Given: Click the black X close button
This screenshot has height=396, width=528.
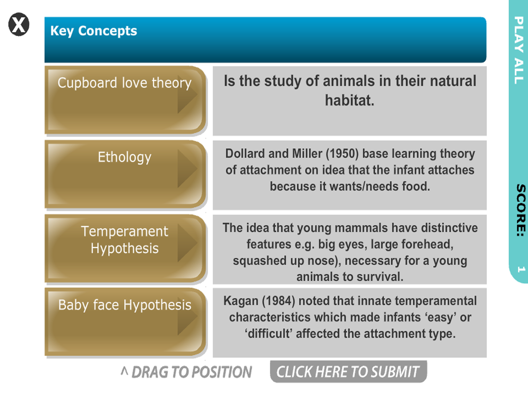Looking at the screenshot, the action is tap(19, 25).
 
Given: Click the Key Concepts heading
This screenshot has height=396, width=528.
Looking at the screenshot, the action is tap(94, 31).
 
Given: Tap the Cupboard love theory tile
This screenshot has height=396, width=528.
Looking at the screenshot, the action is tap(125, 100).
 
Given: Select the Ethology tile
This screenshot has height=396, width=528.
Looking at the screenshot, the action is tap(125, 174).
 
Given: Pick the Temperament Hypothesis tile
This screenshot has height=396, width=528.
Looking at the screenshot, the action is tap(125, 248).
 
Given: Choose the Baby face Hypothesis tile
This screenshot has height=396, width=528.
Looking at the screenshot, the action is tap(125, 322).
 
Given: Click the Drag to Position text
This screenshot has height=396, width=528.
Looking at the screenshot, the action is tap(186, 372).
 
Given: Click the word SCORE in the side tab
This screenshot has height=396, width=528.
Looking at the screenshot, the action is tap(521, 210).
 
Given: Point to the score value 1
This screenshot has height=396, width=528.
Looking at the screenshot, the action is tap(521, 269).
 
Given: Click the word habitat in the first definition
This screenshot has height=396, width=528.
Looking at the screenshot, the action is tap(350, 100).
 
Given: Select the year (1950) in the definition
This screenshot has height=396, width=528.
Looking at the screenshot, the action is tap(342, 154).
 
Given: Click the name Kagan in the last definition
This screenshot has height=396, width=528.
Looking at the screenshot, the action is tap(241, 301).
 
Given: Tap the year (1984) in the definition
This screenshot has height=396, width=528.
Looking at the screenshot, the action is tap(278, 301).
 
